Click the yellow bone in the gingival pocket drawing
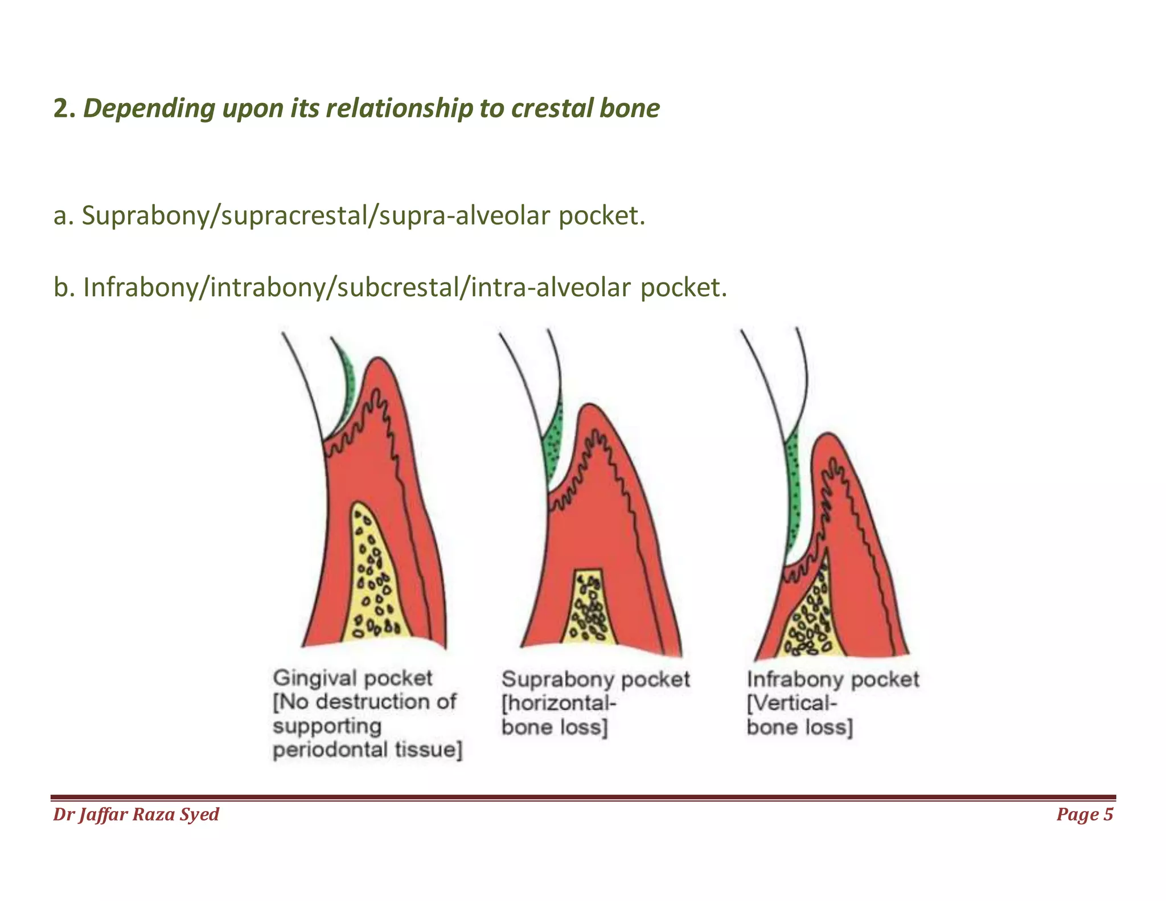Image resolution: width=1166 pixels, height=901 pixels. [373, 575]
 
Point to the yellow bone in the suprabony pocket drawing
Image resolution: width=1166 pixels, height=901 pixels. [590, 609]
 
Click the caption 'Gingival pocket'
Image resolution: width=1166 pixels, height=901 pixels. [352, 678]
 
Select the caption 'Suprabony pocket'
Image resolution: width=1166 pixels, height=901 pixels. [595, 679]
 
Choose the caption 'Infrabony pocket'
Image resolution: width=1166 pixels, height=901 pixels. [832, 679]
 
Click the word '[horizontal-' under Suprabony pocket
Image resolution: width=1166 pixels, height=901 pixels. [559, 703]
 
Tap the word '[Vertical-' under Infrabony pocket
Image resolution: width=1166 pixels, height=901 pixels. [792, 703]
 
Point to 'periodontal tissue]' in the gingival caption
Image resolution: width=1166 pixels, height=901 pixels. [367, 750]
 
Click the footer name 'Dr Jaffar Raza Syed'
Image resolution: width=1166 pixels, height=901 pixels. [136, 814]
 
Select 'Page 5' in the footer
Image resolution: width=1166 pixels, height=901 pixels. [1084, 814]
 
